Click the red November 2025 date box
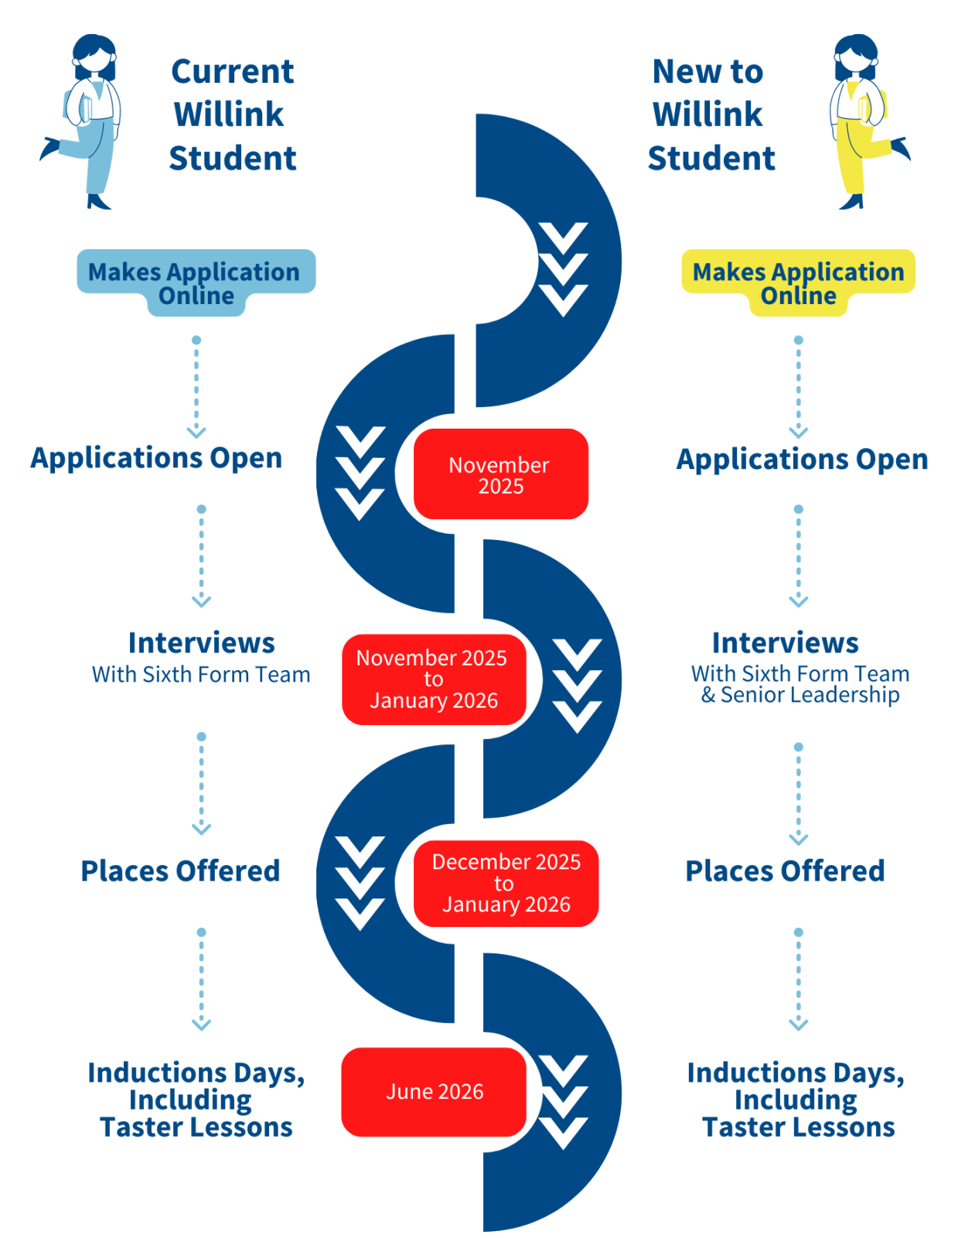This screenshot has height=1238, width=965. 500,474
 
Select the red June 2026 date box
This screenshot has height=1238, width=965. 434,1092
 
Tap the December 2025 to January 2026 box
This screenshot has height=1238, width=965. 506,884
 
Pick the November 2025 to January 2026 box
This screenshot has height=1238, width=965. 433,679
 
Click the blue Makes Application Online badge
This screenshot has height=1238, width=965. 196,280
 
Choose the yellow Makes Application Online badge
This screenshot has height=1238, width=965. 798,280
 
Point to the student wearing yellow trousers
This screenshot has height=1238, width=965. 861,121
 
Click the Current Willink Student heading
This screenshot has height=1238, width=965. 232,115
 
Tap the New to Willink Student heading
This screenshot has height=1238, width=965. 710,115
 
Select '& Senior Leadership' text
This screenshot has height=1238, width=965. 800,695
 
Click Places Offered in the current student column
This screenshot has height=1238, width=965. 180,871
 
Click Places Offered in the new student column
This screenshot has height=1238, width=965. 785,871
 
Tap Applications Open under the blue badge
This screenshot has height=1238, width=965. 156,458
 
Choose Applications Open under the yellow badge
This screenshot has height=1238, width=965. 802,460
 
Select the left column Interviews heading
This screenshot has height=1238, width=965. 201,643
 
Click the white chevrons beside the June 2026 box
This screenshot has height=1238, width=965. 564,1102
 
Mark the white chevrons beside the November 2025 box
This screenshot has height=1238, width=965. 360,473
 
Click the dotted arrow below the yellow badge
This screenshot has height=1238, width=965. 798,387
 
